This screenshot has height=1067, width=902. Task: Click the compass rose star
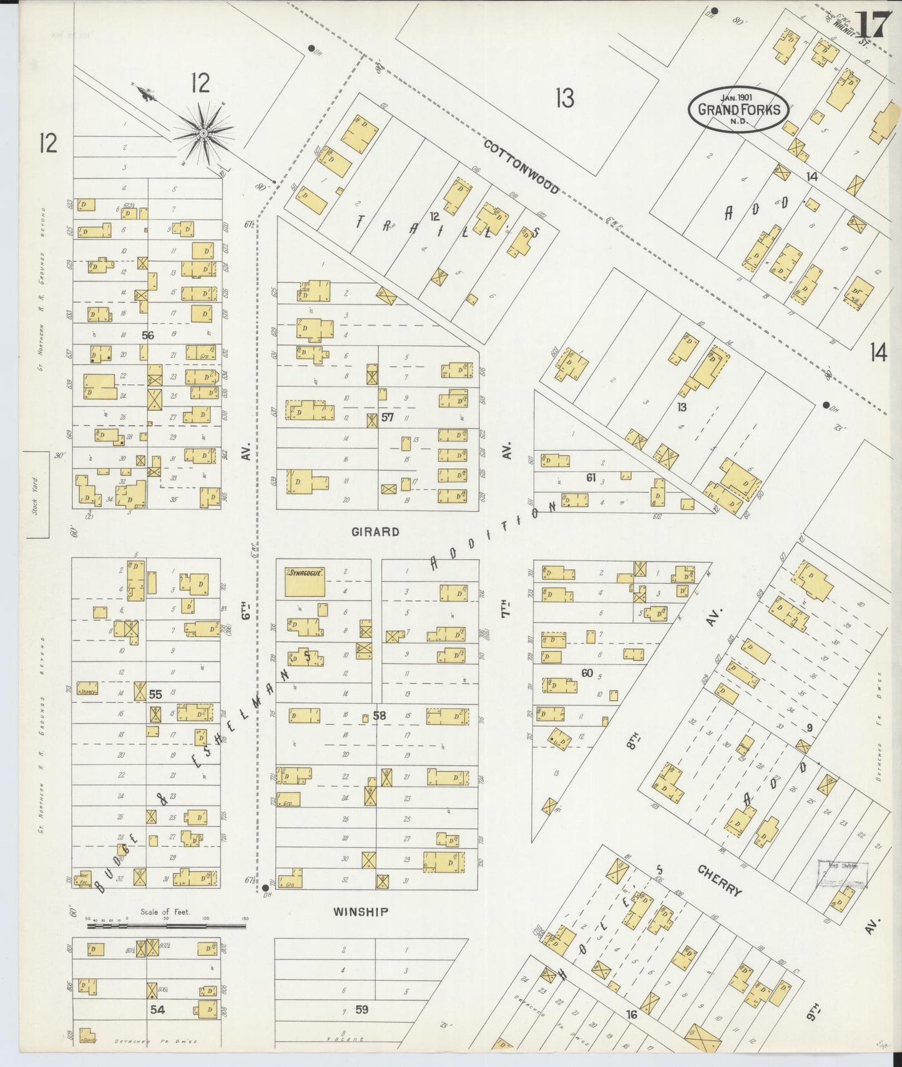[x=203, y=133]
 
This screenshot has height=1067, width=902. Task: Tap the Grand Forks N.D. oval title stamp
[x=738, y=110]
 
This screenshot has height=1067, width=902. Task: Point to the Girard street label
[x=375, y=532]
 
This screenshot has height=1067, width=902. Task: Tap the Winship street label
[x=360, y=912]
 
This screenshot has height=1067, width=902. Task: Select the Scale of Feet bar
[x=166, y=927]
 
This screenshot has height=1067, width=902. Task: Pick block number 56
[x=147, y=335]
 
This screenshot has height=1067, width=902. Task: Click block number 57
[x=388, y=417]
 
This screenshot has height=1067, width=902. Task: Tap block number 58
[x=380, y=716]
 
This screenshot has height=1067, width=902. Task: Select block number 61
[x=591, y=478]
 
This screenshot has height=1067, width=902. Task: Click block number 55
[x=155, y=693]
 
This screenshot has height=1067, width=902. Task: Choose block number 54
[x=157, y=1009]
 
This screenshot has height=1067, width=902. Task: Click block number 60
[x=587, y=673]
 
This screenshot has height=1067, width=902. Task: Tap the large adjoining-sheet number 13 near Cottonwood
[x=564, y=98]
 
